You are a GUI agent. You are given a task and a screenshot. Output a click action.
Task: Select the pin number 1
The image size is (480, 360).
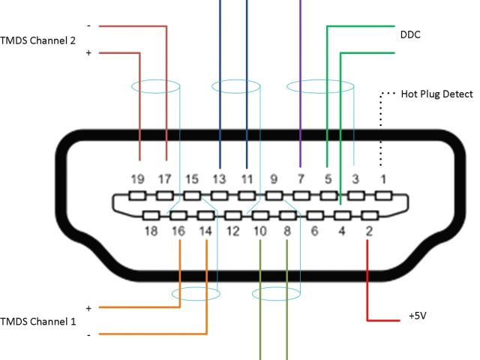tap(383, 179)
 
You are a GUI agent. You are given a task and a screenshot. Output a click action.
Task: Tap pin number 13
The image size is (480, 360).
tap(219, 179)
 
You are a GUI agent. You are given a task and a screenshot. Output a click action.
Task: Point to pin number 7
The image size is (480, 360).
tap(300, 179)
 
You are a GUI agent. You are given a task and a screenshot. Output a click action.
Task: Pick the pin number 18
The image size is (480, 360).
tap(151, 231)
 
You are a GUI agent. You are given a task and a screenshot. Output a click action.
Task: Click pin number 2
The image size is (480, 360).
tap(369, 231)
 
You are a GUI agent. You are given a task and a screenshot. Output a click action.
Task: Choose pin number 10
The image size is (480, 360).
tap(259, 231)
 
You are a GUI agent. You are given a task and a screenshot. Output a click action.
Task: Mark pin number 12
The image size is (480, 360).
tap(232, 231)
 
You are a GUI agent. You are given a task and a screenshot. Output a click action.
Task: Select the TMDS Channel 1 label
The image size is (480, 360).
tap(37, 321)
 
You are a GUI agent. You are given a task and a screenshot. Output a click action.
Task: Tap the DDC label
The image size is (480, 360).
tap(409, 34)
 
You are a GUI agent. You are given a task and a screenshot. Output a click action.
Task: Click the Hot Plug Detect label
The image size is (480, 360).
tap(437, 94)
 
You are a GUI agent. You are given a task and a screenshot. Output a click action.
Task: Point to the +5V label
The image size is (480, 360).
tap(418, 316)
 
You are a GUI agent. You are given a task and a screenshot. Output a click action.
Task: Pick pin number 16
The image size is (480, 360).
tap(178, 231)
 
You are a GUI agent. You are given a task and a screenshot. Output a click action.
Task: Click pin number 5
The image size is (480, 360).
tap(327, 179)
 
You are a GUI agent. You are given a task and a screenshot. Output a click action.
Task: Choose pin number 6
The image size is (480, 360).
tap(314, 231)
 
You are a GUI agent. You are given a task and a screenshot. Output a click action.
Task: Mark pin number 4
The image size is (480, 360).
tap(341, 231)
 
